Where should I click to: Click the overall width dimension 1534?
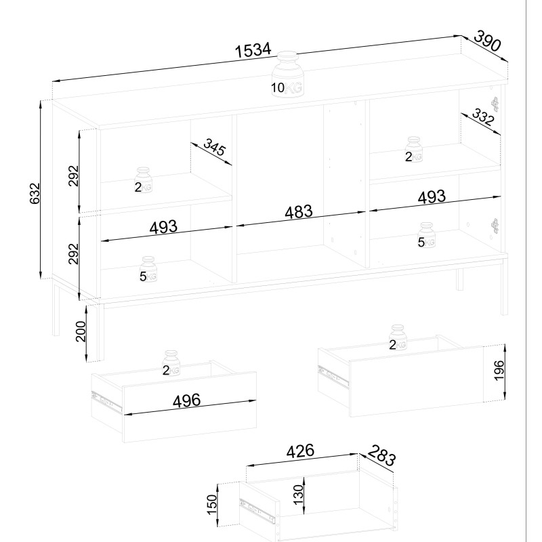coord(253,50)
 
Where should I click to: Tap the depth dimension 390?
coord(487,41)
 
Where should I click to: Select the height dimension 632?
coord(35,194)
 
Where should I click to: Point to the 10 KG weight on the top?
coord(287,75)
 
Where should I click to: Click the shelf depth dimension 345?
coord(214,147)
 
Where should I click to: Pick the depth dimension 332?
coord(483,117)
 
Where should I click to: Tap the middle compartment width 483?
coord(299,212)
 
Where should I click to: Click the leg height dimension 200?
coord(81,331)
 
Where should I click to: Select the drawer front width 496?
coord(187,400)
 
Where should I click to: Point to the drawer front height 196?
coord(499,370)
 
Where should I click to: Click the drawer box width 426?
coord(300,451)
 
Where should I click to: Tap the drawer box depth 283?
coord(381,455)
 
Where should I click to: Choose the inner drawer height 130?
coord(299,495)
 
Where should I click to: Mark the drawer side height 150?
coord(212,505)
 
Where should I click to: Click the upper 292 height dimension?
coord(74,176)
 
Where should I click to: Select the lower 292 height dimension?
coord(74,253)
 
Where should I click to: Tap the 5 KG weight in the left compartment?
coord(148,269)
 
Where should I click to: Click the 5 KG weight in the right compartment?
coord(426,235)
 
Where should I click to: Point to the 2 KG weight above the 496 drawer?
coord(171,363)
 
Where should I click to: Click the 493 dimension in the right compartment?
coord(432,197)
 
